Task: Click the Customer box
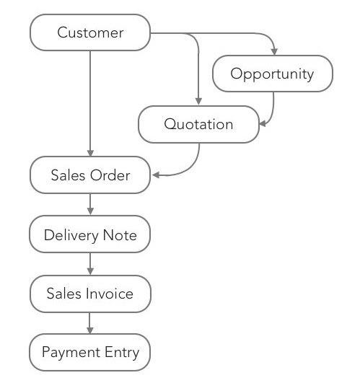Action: (90, 32)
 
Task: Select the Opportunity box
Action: (272, 74)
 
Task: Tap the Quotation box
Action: (198, 124)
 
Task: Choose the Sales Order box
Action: (90, 175)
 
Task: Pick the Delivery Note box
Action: (90, 235)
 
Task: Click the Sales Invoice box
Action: (90, 294)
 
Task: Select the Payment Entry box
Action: (90, 353)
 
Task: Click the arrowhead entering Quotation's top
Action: (198, 102)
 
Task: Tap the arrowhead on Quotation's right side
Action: (263, 123)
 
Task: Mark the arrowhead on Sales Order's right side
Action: (155, 175)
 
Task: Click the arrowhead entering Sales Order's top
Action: (90, 153)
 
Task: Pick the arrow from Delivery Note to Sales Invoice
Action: (90, 265)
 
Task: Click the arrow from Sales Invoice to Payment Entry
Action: (90, 324)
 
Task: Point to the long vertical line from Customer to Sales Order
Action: (90, 101)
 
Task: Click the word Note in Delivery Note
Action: (119, 235)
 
